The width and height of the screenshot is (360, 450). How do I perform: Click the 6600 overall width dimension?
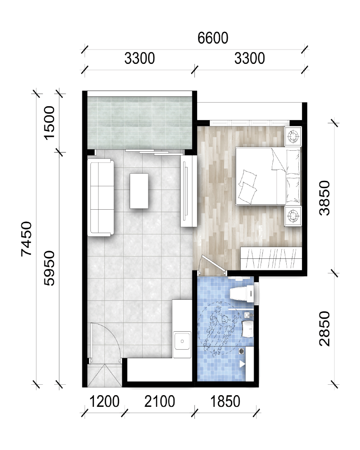213,38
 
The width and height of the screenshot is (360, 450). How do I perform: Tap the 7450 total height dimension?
27,239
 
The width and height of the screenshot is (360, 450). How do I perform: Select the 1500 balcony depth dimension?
49,123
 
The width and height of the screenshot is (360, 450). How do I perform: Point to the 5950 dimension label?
49,268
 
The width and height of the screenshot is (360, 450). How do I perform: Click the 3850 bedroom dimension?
325,198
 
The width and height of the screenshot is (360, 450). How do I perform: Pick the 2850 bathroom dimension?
325,328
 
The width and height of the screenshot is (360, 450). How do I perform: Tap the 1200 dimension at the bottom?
104,401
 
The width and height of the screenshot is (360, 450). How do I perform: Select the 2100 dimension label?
160,401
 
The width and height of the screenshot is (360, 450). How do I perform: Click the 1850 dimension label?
225,401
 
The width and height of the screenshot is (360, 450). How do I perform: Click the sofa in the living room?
100,198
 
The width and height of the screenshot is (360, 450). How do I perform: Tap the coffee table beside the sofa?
139,191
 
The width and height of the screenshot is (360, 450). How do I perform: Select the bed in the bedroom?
268,176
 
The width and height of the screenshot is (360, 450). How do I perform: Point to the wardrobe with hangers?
271,258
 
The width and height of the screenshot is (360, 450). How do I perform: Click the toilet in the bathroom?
242,293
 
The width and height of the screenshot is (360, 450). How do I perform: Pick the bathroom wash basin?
247,329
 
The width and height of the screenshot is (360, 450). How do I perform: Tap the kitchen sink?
182,341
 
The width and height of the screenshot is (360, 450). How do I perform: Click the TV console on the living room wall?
189,191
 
